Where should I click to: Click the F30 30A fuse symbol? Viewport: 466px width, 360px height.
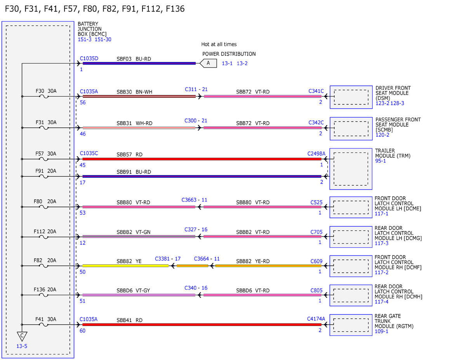click(x=44, y=96)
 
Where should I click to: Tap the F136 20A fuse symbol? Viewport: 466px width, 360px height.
click(x=44, y=295)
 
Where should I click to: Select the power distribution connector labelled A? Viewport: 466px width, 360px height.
click(x=208, y=63)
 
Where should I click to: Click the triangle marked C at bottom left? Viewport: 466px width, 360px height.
click(x=22, y=336)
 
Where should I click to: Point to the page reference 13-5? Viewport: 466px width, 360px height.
click(x=22, y=346)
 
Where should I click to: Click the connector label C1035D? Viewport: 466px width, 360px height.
click(x=89, y=59)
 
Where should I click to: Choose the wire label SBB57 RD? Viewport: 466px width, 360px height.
click(x=130, y=155)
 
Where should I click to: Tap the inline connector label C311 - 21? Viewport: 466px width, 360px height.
click(x=196, y=89)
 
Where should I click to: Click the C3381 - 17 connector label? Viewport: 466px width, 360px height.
click(x=168, y=259)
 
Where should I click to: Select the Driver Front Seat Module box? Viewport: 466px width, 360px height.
click(x=351, y=97)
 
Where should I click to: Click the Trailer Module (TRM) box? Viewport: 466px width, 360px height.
click(x=351, y=169)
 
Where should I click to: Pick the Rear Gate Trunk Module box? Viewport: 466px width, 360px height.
click(x=351, y=325)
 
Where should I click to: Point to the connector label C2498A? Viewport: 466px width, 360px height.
click(x=316, y=154)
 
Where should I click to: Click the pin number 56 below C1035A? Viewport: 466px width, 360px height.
click(x=83, y=103)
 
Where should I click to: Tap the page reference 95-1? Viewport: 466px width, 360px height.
click(x=380, y=161)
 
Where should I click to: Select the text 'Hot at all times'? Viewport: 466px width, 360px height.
click(x=219, y=44)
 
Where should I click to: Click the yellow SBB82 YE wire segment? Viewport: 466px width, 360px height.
click(x=125, y=266)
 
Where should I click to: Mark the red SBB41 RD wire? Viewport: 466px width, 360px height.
click(x=202, y=325)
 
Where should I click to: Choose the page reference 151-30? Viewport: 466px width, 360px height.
click(x=103, y=40)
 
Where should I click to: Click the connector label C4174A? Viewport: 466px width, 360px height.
click(x=316, y=319)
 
